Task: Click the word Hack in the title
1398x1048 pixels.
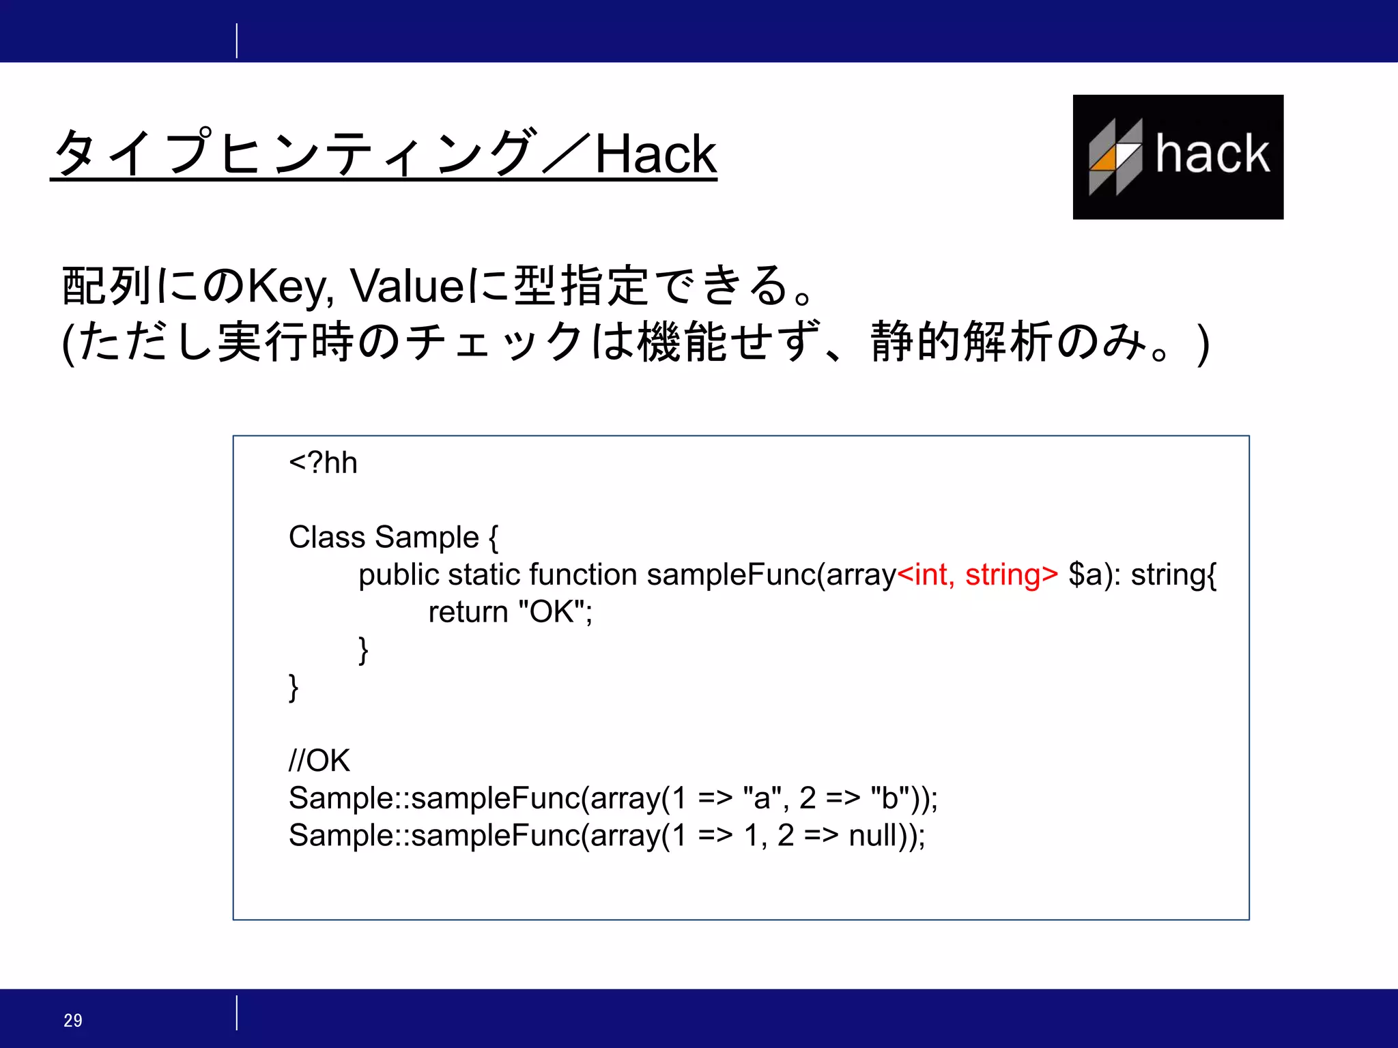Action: (655, 154)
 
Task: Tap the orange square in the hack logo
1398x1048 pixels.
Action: (1102, 158)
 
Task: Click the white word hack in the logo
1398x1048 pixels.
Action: (1212, 154)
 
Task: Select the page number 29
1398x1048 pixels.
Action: (73, 1020)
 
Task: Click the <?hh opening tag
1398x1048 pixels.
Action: (323, 463)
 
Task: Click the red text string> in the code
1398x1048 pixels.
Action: (1011, 574)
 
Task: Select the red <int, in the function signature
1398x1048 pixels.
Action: (926, 574)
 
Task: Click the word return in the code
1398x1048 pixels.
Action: (468, 612)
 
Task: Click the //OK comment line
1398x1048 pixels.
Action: (319, 761)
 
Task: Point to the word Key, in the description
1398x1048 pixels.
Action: (290, 287)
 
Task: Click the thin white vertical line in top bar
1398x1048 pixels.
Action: (237, 41)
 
